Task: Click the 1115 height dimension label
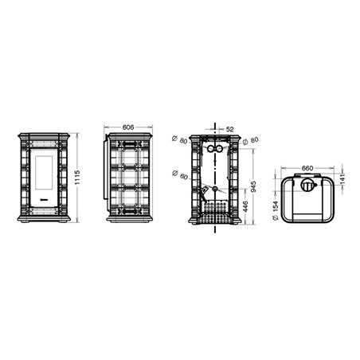point(77,178)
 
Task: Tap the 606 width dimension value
point(128,127)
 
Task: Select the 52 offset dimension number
point(230,129)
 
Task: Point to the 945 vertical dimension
point(253,186)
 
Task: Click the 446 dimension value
point(245,207)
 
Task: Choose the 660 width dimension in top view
point(307,168)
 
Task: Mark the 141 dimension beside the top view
point(342,179)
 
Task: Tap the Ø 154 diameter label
point(276,210)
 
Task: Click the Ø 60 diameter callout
point(180,174)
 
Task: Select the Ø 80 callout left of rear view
point(180,139)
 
